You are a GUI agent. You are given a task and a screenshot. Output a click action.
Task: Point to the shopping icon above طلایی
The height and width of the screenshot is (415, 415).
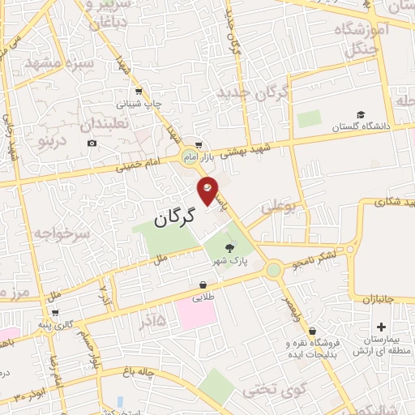(x=202, y=285)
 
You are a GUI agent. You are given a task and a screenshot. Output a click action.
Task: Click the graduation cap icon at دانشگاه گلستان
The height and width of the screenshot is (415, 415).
(x=361, y=114)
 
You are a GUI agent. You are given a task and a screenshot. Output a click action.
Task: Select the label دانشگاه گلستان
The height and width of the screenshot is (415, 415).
(x=361, y=127)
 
